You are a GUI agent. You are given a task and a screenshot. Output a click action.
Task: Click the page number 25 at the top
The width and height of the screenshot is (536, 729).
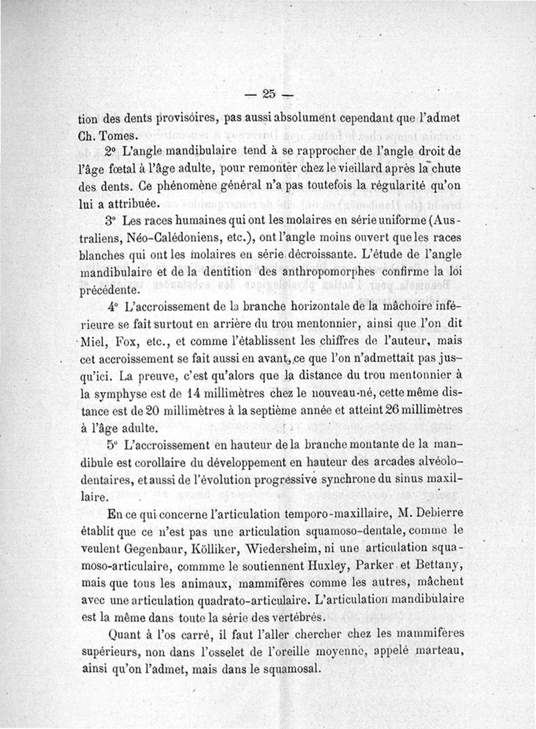(x=270, y=94)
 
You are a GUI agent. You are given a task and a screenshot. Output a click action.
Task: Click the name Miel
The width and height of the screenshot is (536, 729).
(x=96, y=340)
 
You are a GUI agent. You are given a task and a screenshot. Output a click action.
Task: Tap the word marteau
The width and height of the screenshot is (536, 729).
(x=437, y=650)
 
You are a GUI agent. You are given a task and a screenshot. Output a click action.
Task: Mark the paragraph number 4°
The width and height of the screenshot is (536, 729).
(x=114, y=306)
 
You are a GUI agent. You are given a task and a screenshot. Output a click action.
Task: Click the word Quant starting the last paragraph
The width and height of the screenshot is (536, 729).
(x=125, y=633)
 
